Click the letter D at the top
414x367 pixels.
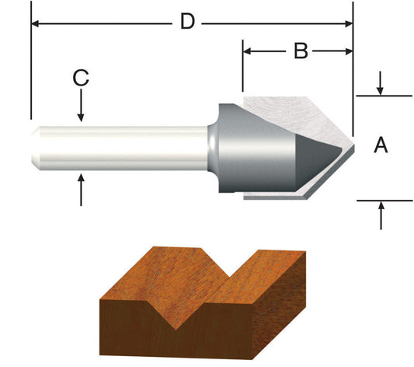pyautogui.click(x=186, y=22)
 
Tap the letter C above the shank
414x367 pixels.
pyautogui.click(x=82, y=78)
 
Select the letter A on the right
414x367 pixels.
pyautogui.click(x=381, y=145)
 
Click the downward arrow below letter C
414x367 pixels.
pyautogui.click(x=82, y=116)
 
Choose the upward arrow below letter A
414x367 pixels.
pyautogui.click(x=381, y=206)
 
